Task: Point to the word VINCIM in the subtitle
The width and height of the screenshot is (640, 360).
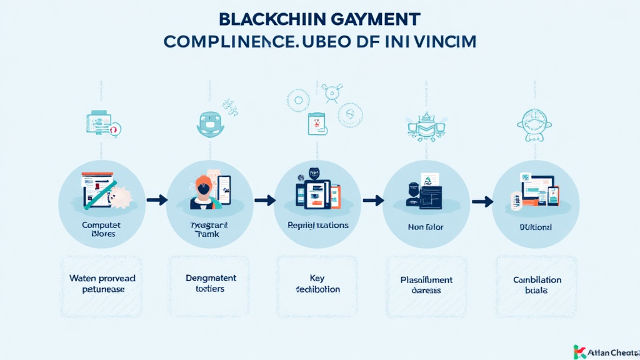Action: pos(442,42)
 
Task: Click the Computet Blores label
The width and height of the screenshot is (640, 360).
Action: pos(101,229)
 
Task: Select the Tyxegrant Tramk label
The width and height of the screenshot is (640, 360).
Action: pos(209,229)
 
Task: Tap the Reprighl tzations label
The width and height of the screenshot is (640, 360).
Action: pos(317,225)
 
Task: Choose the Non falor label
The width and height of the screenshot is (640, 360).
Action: pos(426,227)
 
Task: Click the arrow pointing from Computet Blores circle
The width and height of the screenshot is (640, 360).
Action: pos(156,200)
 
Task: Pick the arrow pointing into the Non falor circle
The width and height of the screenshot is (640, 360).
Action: pos(373,201)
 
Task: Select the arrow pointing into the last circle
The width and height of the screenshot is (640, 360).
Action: pos(482,201)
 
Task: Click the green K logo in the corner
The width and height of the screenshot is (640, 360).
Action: pos(579,351)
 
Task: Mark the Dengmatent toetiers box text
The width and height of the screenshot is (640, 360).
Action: pos(211,283)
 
